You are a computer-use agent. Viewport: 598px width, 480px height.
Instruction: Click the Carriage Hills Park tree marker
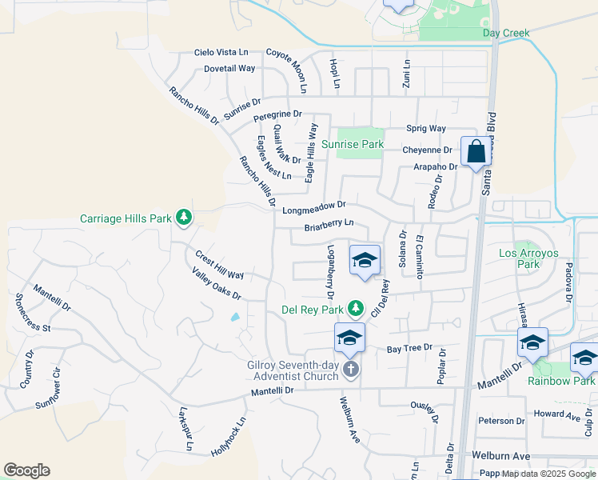[184, 217]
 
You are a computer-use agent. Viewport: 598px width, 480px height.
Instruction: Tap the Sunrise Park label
[353, 145]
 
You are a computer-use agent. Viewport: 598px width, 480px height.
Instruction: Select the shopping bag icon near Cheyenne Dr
[476, 150]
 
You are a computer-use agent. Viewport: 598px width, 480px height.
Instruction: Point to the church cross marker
[350, 370]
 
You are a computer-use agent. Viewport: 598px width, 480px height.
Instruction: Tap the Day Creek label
[506, 33]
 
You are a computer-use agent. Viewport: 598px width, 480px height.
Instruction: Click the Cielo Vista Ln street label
[222, 52]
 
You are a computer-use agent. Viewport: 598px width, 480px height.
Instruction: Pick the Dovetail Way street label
[229, 69]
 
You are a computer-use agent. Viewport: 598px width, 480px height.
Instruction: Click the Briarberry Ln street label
[329, 226]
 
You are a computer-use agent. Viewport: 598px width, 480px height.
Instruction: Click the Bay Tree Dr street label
[409, 349]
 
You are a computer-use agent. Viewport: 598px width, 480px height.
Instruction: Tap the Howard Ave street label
[557, 414]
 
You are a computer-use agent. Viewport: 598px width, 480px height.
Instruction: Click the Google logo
[26, 470]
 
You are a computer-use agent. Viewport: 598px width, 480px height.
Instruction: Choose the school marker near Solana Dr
[365, 260]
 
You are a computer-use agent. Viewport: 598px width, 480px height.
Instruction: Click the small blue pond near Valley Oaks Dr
[234, 317]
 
